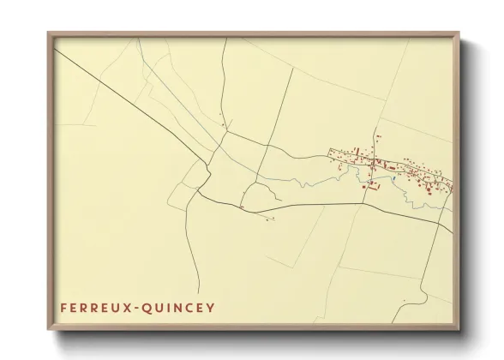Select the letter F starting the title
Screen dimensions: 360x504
tap(64, 306)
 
